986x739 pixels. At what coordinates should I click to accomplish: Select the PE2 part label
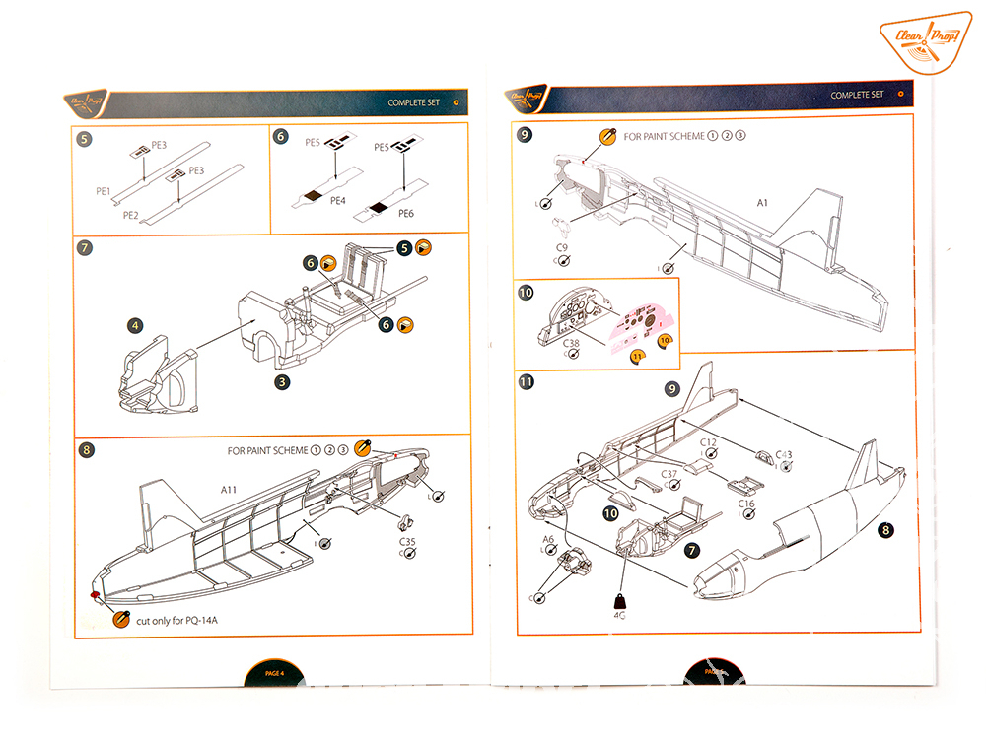click(130, 214)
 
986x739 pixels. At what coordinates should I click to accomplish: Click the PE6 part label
click(406, 213)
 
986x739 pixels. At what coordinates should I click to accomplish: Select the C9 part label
click(561, 247)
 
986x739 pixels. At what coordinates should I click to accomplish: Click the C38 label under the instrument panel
click(571, 343)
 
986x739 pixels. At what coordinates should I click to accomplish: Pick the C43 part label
click(784, 454)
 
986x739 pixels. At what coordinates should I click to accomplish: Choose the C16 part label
click(746, 504)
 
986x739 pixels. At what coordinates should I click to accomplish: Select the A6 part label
click(548, 540)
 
